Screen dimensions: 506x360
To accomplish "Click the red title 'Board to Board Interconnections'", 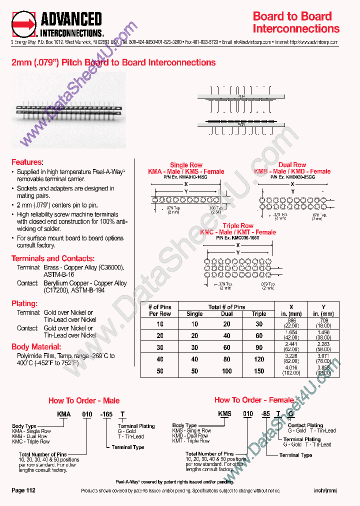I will pyautogui.click(x=296, y=22).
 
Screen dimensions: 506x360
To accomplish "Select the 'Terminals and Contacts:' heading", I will pyautogui.click(x=52, y=258).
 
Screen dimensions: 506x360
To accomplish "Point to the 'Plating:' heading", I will pyautogui.click(x=24, y=303).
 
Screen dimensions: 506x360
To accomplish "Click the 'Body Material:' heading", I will pyautogui.click(x=36, y=346).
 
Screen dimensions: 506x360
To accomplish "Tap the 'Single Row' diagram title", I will pyautogui.click(x=186, y=165).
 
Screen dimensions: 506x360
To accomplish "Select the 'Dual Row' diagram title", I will pyautogui.click(x=292, y=165).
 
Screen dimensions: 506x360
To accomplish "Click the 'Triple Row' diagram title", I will pyautogui.click(x=237, y=226).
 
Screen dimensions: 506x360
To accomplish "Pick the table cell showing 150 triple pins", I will pyautogui.click(x=259, y=371).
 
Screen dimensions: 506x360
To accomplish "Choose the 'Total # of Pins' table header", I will pyautogui.click(x=226, y=306).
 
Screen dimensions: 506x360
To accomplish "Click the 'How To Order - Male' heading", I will pyautogui.click(x=83, y=400).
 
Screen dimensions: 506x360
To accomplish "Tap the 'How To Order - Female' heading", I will pyautogui.click(x=254, y=400).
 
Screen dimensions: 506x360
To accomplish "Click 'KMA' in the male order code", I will pyautogui.click(x=63, y=414).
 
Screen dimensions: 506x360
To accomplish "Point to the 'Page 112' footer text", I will pyautogui.click(x=23, y=490).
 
